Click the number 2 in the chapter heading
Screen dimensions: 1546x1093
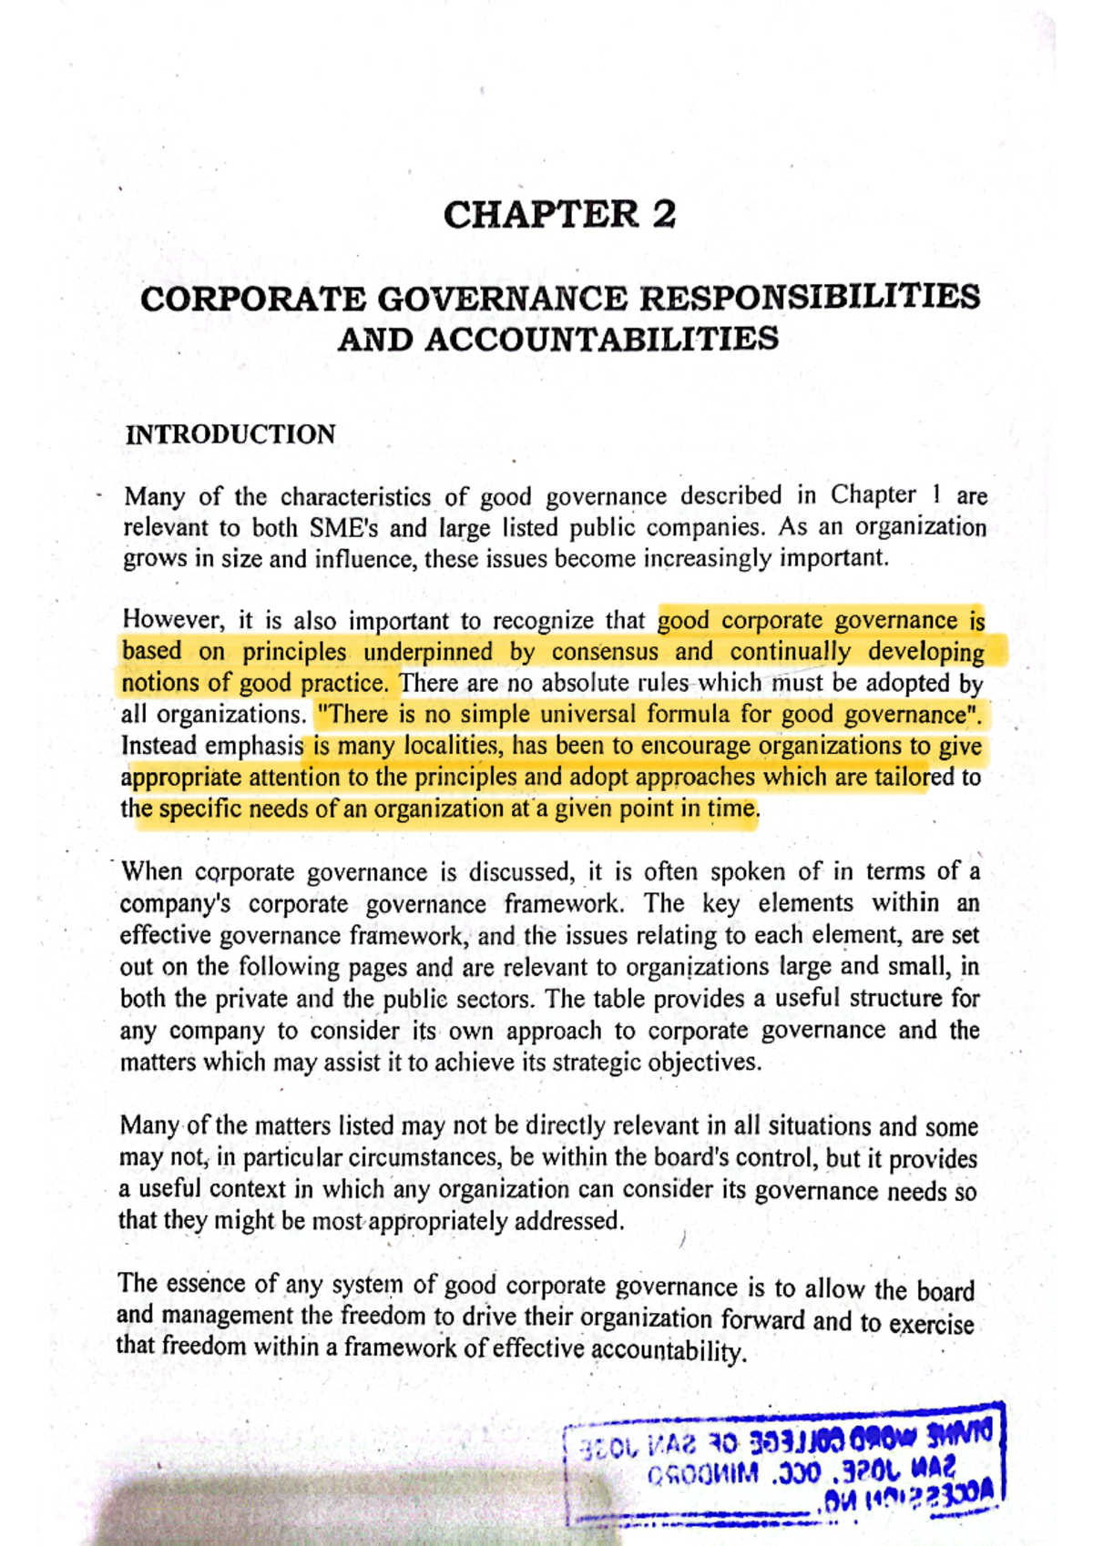click(663, 215)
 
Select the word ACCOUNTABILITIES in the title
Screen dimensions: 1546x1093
click(601, 340)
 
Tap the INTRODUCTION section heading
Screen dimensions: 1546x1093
click(230, 434)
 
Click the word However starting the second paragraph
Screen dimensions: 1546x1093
click(173, 620)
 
